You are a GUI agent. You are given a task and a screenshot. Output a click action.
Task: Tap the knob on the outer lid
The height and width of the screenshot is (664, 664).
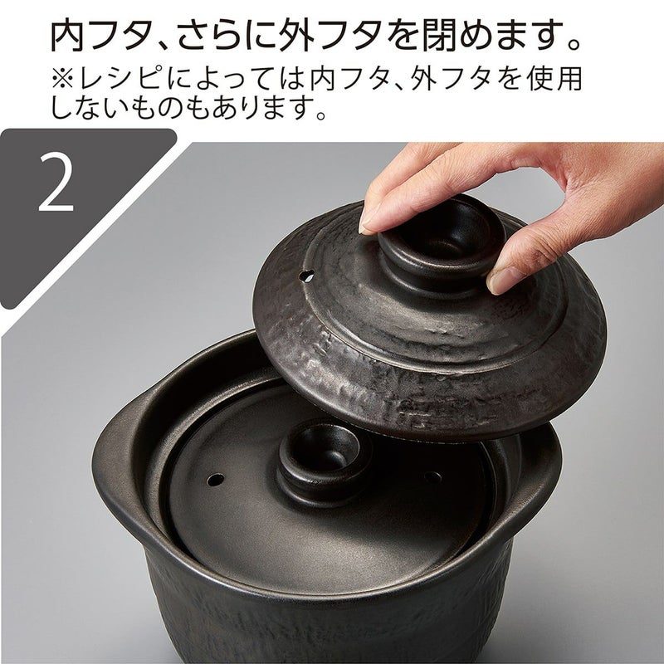pos(441,245)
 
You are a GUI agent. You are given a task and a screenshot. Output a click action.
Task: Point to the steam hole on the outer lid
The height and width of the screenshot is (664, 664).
pos(306,276)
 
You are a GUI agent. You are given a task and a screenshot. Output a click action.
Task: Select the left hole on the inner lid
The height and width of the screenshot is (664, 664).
pos(216,480)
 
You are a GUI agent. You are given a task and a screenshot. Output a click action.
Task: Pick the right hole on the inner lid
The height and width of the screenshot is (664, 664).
pos(432,478)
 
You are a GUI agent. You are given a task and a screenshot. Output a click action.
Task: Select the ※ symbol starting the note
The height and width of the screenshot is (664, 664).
pos(64,79)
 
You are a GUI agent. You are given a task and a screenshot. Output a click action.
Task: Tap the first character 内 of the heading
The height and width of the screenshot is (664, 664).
pos(67,37)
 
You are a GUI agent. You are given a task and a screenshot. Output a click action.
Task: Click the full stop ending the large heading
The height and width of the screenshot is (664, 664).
pos(574,44)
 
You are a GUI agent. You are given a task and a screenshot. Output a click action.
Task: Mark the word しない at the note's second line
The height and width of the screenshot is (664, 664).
pos(88,107)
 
